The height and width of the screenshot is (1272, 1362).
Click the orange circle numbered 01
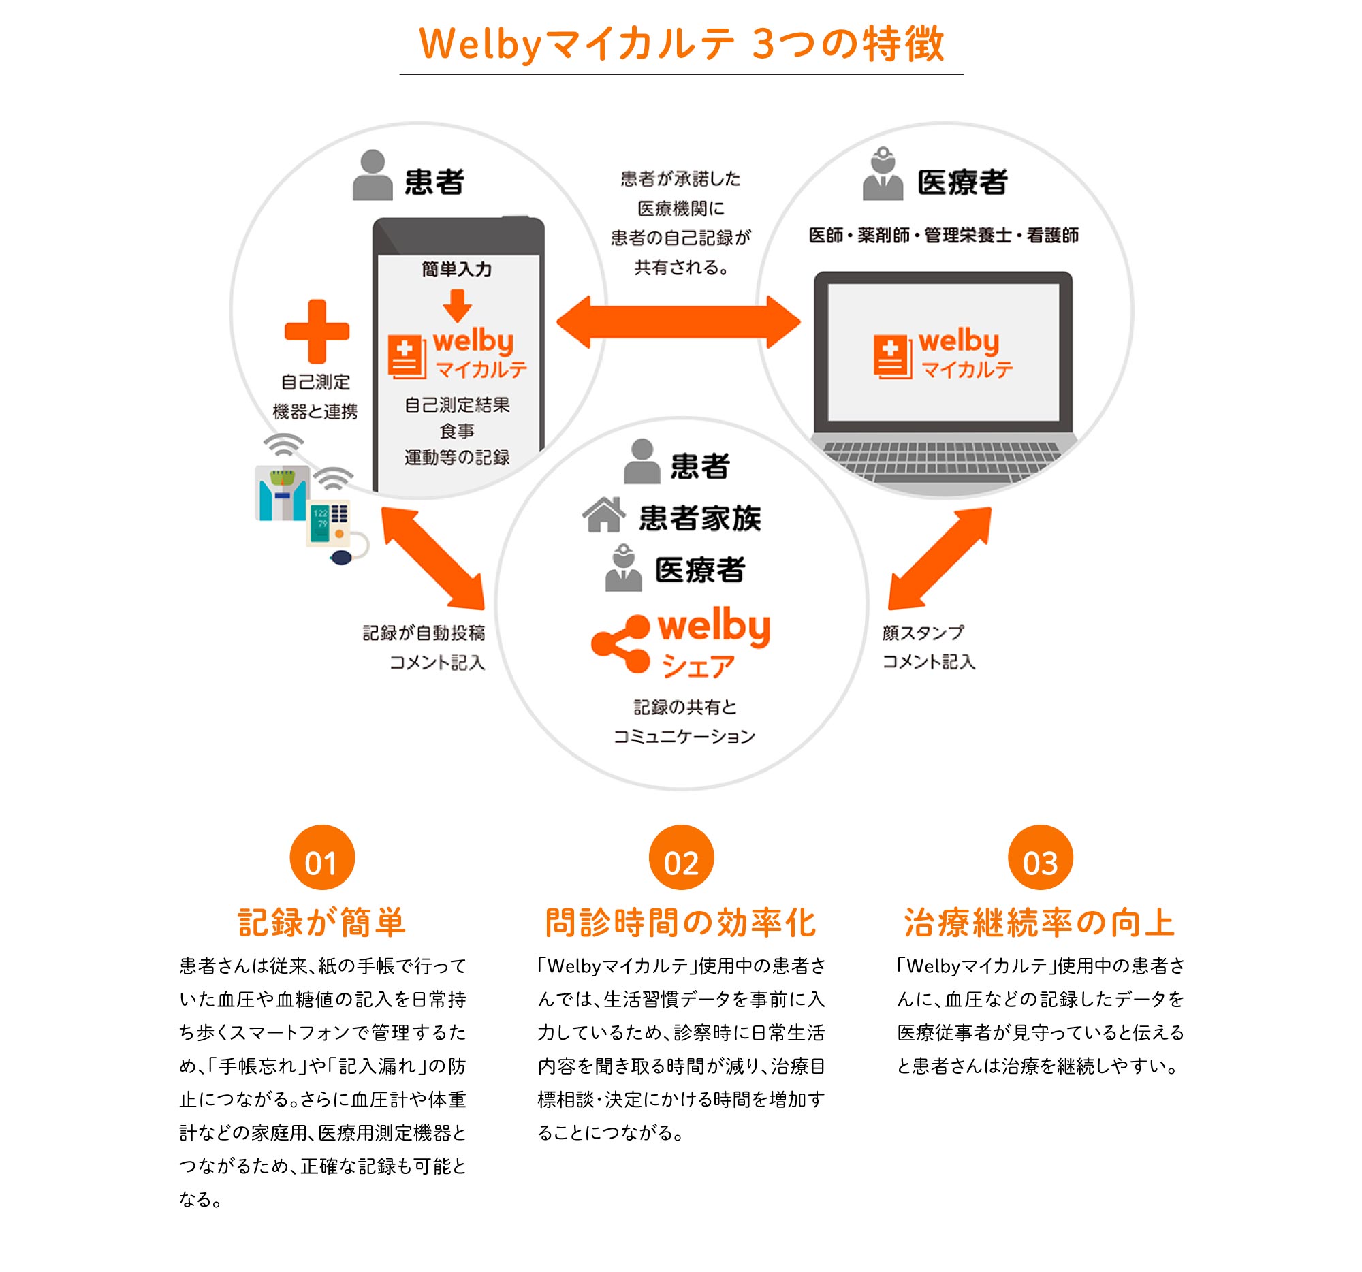[x=322, y=857]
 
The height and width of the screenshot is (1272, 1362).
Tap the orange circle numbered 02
[x=681, y=857]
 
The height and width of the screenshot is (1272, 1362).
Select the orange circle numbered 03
[x=1040, y=857]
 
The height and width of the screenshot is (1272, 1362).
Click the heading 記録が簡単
[x=322, y=922]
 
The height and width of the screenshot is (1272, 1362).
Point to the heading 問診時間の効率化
[x=681, y=922]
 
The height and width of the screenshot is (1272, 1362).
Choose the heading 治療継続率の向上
[x=1040, y=922]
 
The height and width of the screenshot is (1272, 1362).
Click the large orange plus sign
[x=317, y=331]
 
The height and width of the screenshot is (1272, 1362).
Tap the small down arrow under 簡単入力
[x=457, y=306]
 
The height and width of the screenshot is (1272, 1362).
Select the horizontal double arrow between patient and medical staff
[x=678, y=322]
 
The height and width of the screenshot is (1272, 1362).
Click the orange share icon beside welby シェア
[x=620, y=644]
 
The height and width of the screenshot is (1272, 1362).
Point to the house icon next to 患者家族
[x=603, y=514]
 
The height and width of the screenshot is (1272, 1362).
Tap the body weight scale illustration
[x=281, y=493]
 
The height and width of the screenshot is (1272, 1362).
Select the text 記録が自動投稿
[x=424, y=632]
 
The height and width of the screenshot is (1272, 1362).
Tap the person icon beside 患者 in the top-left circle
[x=372, y=175]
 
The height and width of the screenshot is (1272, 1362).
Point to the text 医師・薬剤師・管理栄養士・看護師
[x=943, y=235]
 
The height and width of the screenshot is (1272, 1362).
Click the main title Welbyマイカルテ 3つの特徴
[x=682, y=43]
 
